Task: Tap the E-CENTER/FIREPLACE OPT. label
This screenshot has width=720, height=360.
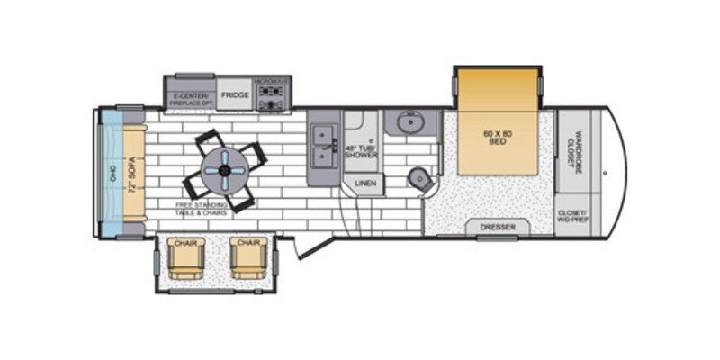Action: tap(190, 94)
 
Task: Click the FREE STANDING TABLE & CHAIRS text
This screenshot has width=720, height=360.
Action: tap(201, 209)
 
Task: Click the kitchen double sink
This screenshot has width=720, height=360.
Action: tap(320, 148)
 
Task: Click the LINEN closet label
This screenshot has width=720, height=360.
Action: tap(364, 184)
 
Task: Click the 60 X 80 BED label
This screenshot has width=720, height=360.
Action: tap(496, 138)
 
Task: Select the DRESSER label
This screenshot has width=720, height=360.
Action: tap(497, 228)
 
